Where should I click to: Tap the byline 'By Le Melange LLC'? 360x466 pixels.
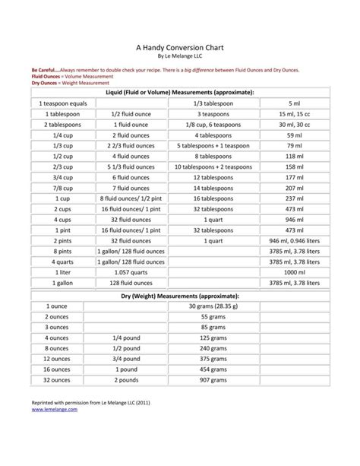(x=180, y=55)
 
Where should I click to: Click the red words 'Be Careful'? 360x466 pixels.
(x=44, y=69)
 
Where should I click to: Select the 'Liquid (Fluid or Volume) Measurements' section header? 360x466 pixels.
(x=180, y=92)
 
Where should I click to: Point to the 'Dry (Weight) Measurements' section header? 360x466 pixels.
(x=180, y=294)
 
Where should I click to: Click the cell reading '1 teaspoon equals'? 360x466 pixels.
(x=57, y=103)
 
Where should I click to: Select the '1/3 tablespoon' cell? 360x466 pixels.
(x=213, y=103)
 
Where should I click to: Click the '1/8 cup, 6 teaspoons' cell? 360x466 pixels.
(x=213, y=124)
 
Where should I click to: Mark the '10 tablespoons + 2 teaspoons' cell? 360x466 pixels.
(x=213, y=166)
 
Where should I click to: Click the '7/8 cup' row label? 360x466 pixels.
(x=57, y=188)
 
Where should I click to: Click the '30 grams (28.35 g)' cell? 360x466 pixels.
(x=213, y=306)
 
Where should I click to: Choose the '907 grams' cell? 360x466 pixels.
(x=213, y=379)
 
